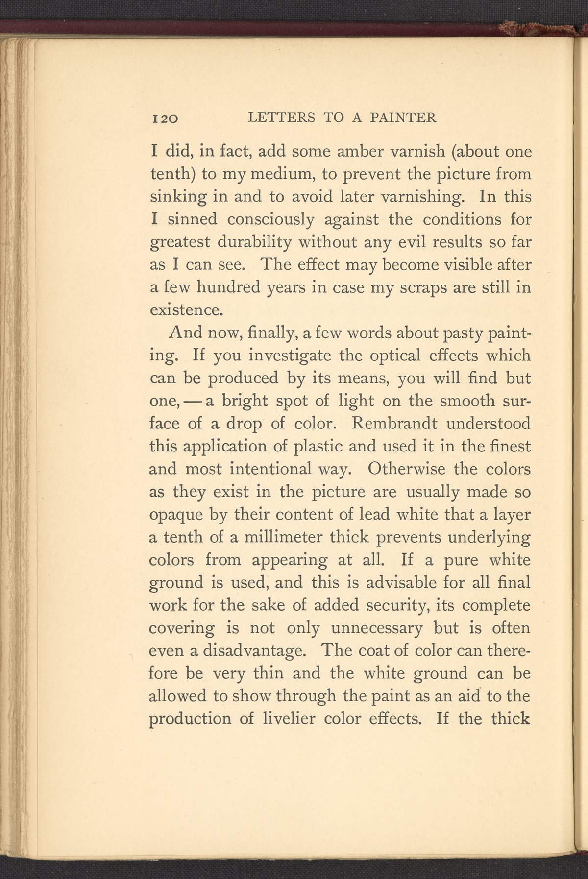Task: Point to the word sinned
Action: (192, 219)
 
